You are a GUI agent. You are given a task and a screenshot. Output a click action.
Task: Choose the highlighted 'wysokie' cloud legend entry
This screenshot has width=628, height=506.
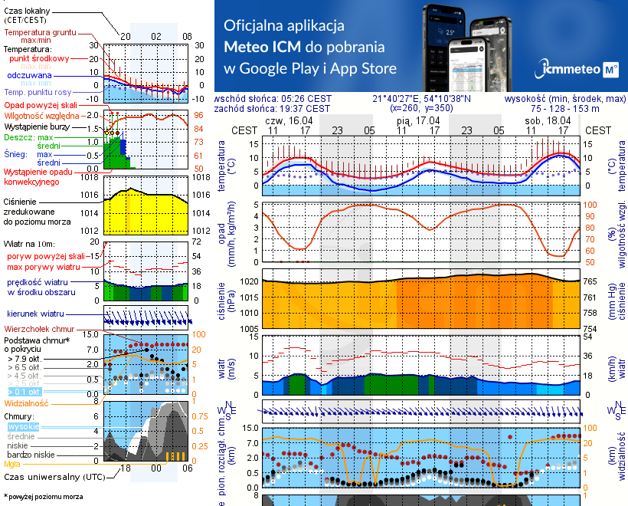click(x=22, y=426)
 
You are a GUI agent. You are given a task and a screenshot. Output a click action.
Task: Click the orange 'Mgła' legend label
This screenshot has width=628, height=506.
click(x=12, y=464)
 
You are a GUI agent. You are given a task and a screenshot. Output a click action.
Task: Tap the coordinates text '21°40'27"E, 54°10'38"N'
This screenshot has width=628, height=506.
click(x=421, y=99)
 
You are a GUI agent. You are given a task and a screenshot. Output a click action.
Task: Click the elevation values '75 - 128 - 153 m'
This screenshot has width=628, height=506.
click(x=564, y=109)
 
